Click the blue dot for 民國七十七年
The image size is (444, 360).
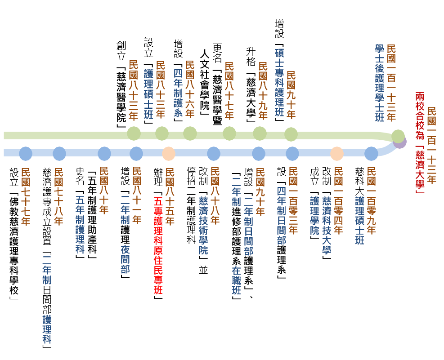click(26, 154)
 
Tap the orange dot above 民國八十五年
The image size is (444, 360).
click(169, 154)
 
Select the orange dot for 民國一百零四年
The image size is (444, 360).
click(336, 154)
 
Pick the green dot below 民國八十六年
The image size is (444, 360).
click(190, 133)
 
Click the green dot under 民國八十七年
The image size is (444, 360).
click(229, 133)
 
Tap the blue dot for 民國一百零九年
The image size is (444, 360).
click(371, 154)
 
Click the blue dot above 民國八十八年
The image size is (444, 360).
click(214, 154)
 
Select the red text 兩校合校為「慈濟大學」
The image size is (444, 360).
click(420, 143)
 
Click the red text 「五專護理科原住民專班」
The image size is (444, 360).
click(158, 246)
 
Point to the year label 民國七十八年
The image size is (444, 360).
click(58, 196)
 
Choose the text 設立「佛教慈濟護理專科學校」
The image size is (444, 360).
click(14, 234)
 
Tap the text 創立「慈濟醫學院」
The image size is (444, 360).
click(121, 84)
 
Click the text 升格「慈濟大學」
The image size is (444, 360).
click(251, 84)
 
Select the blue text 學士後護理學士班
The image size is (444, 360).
click(379, 83)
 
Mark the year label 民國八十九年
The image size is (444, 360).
click(263, 90)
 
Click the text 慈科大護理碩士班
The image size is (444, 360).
click(359, 206)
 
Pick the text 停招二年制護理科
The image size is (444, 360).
click(192, 205)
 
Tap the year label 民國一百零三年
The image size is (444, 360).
click(293, 200)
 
